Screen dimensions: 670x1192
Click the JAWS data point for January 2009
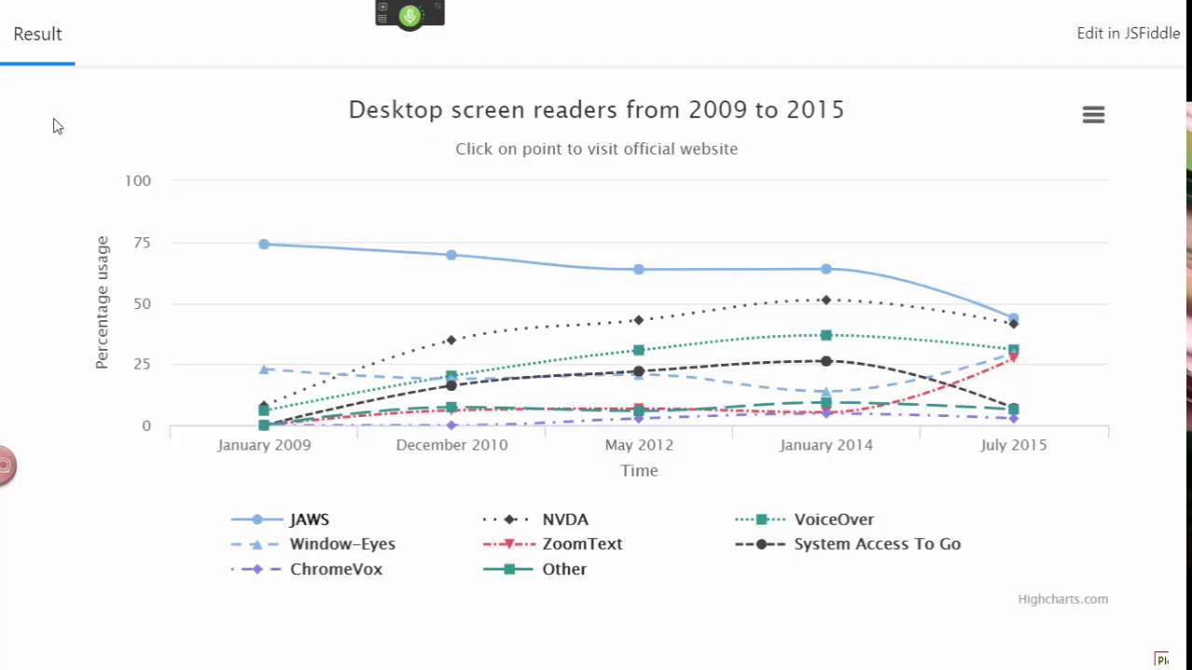coord(264,245)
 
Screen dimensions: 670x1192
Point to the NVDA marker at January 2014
coord(826,300)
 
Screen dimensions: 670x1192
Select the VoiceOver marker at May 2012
coord(639,351)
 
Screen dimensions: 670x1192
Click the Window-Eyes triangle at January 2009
coord(264,369)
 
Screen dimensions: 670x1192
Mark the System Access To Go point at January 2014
coord(826,361)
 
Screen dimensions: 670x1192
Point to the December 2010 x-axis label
coord(452,445)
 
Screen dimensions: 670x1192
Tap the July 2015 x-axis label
coord(1013,445)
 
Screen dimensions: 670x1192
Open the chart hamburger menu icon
coord(1093,114)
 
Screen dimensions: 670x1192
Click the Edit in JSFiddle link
coord(1128,33)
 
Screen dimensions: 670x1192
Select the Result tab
coord(37,34)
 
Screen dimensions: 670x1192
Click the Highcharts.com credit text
coord(1063,599)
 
